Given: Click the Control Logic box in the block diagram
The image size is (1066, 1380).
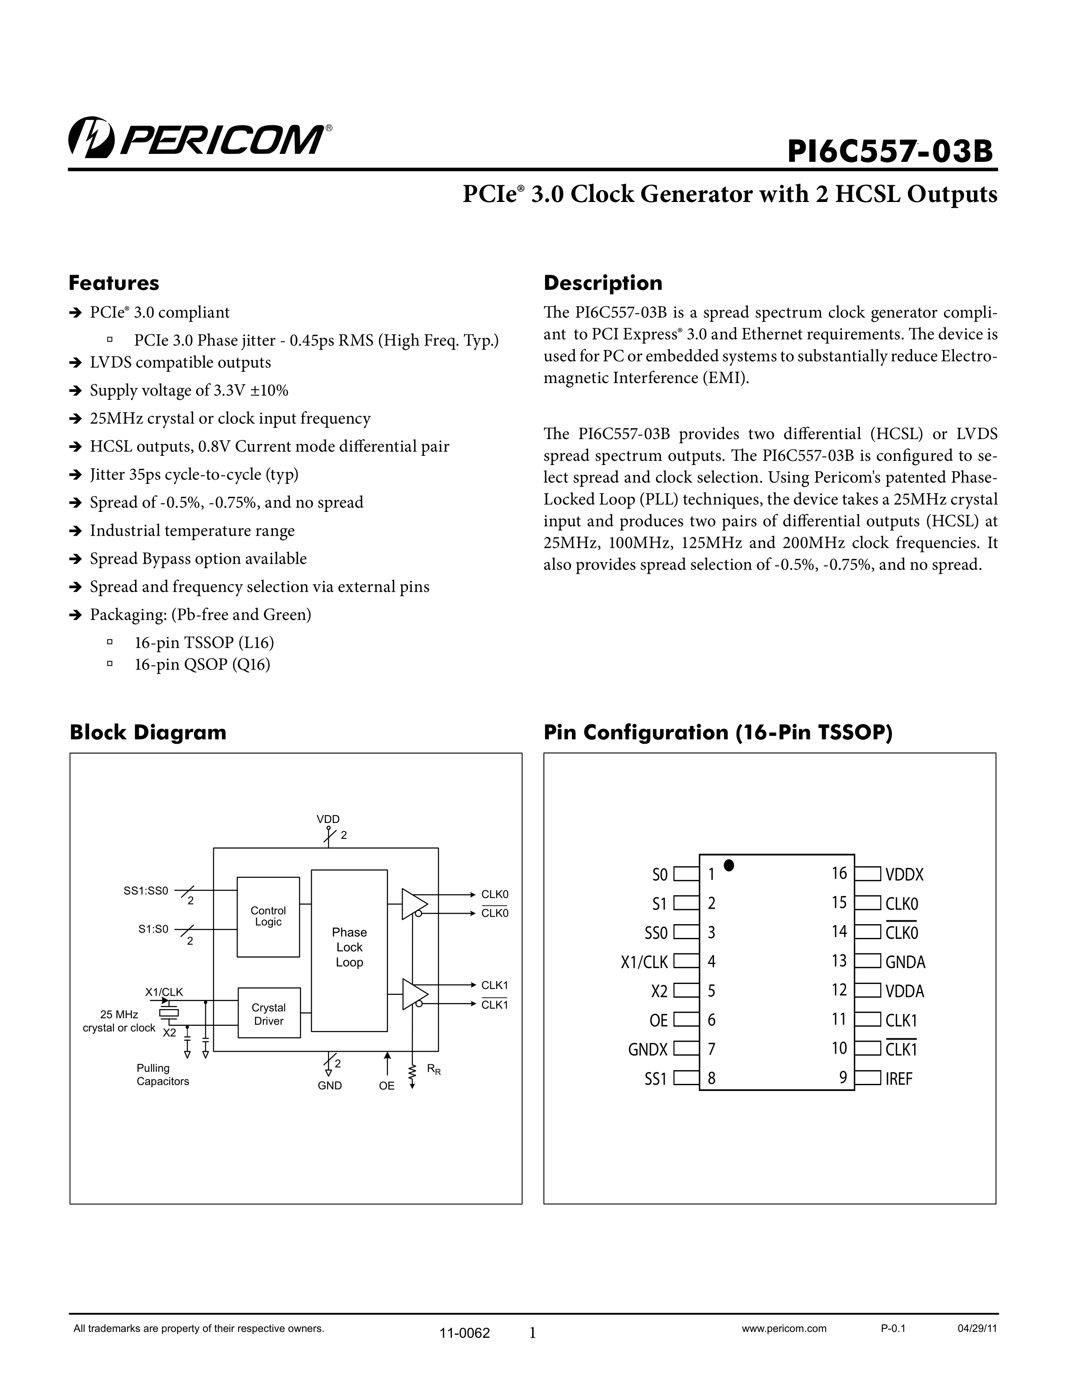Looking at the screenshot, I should [268, 916].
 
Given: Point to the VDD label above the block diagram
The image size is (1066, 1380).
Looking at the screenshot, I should [328, 819].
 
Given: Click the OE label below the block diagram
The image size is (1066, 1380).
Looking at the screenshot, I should [387, 1086].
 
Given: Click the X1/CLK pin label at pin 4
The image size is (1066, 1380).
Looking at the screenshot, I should [644, 962].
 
